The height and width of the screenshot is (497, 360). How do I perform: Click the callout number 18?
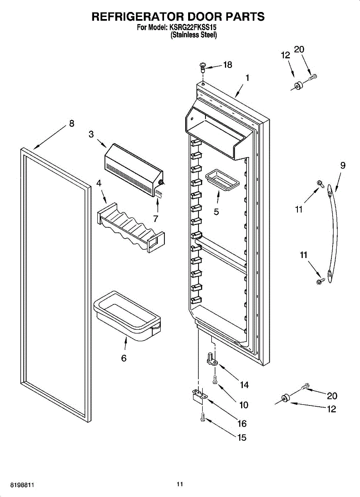coord(227,65)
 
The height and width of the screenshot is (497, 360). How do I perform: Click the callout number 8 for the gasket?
coord(72,123)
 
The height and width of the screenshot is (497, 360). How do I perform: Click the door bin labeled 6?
coord(127,317)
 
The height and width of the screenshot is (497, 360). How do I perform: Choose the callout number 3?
coord(91,134)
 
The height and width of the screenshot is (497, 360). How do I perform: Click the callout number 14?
coord(244,385)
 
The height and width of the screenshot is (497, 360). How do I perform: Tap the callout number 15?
coord(242,437)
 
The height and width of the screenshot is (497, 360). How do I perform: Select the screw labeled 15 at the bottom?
coord(202,417)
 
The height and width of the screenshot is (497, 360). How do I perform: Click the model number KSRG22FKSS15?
coord(193,28)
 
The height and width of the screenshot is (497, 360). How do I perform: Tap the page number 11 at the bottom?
coord(179,484)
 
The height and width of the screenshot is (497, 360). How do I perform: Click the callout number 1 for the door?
coord(247,77)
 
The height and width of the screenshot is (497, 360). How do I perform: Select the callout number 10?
coord(244,405)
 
